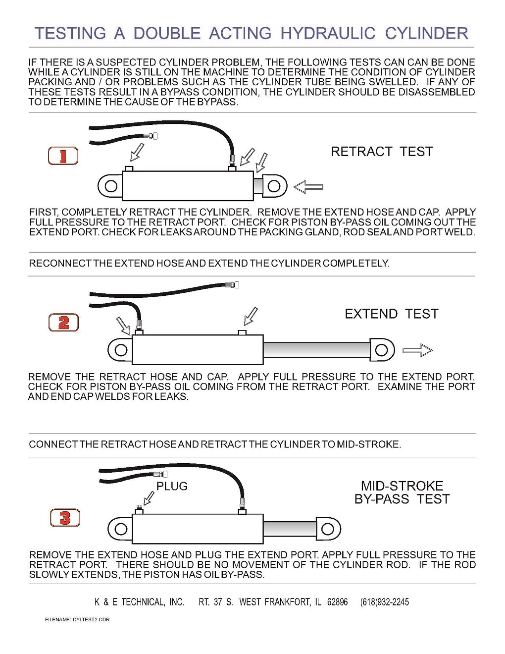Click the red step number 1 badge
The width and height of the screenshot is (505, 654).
pos(63,156)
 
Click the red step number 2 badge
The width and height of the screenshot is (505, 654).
pos(63,323)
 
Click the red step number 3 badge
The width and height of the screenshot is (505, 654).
pos(65,518)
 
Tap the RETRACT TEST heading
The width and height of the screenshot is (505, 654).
pos(382,152)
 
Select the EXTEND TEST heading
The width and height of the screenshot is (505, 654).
pos(392,314)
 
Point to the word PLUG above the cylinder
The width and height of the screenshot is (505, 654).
pos(172,486)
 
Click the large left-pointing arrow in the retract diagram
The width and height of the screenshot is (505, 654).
pos(308,187)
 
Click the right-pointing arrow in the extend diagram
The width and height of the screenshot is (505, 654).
pos(417,350)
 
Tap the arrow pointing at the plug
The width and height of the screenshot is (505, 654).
pos(149,498)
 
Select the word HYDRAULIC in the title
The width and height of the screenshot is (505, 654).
pos(328,33)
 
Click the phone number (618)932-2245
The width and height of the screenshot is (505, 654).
pos(384,602)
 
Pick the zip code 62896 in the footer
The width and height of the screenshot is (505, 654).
pos(337,602)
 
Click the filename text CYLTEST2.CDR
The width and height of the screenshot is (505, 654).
pos(91,620)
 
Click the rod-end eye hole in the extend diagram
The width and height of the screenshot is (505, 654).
pos(381,350)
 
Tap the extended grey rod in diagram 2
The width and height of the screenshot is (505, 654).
pos(316,350)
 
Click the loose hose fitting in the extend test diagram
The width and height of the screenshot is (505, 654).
pos(232,284)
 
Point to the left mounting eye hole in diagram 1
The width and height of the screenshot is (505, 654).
pos(111,186)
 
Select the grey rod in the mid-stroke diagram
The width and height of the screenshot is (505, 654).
pos(290,529)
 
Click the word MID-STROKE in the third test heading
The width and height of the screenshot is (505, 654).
pos(402,486)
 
